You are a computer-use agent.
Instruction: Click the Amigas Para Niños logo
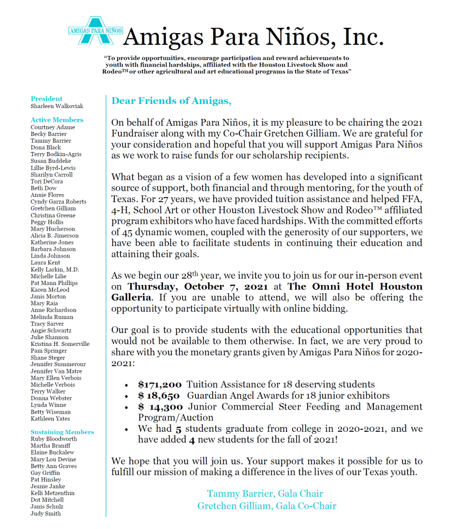point(96,31)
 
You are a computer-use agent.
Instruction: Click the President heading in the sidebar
point(47,99)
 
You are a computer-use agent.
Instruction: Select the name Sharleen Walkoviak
point(57,106)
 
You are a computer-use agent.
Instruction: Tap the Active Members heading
point(57,120)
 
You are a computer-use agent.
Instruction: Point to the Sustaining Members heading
point(62,432)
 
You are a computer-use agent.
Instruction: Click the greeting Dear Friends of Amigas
point(172,101)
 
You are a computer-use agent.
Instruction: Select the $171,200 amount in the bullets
point(160,385)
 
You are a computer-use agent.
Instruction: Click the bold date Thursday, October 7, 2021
point(198,286)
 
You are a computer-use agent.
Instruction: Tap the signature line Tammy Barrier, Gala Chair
point(265,493)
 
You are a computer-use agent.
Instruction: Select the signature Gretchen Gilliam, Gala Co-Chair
point(266,506)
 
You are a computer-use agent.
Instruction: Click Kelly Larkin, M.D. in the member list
point(55,270)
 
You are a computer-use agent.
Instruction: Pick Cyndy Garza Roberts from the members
point(58,202)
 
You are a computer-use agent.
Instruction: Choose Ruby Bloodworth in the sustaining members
point(54,439)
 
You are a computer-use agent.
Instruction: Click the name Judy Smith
point(46,513)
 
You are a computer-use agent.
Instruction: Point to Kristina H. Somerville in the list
point(60,344)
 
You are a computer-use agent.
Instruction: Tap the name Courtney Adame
point(53,127)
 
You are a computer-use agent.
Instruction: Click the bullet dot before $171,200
point(127,385)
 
